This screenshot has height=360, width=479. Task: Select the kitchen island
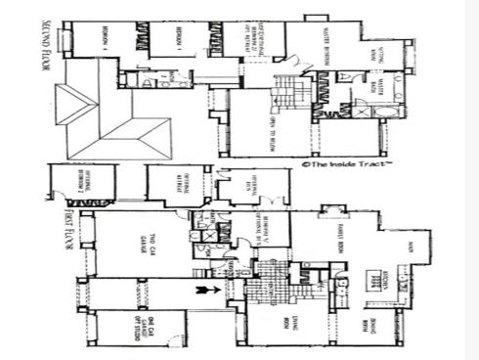click(373, 276)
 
